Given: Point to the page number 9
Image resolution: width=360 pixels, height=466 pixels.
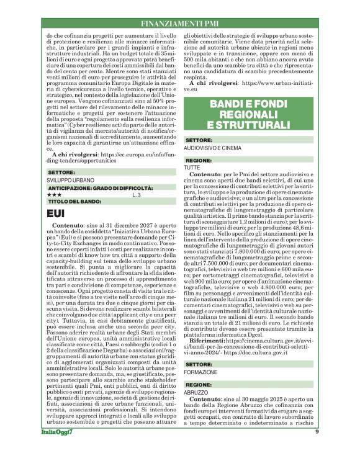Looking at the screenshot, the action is [317, 449].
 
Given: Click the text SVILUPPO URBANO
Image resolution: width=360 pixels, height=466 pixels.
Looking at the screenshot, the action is [71, 180].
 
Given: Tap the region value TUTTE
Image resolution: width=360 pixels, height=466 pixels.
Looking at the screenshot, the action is [192, 168].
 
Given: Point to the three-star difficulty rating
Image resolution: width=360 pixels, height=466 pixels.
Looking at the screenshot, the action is [54, 195].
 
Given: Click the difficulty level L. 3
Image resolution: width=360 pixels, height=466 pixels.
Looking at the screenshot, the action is [137, 195].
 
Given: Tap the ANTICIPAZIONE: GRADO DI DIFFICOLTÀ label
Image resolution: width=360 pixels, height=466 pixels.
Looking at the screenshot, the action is [101, 188].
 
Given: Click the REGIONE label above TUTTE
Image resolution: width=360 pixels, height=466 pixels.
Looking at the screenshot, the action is [199, 161].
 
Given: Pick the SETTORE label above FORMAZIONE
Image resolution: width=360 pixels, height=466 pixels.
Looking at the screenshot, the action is [199, 364].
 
